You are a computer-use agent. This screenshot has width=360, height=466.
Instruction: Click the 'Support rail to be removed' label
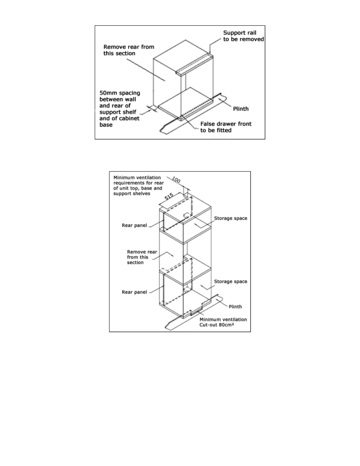click(x=244, y=36)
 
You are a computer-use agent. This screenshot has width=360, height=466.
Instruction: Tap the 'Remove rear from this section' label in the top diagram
click(x=129, y=50)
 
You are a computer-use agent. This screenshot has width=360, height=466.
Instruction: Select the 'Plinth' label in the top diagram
click(x=241, y=109)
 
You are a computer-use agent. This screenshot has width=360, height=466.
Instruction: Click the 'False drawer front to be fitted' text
click(x=226, y=127)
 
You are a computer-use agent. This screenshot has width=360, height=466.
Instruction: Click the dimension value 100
click(x=176, y=179)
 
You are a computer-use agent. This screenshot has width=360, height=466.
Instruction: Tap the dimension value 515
click(x=169, y=197)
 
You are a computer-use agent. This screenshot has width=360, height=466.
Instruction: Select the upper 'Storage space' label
click(x=231, y=218)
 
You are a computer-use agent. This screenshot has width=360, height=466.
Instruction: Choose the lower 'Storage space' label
click(x=231, y=282)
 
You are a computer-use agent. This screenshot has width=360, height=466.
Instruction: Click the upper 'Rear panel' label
click(x=134, y=225)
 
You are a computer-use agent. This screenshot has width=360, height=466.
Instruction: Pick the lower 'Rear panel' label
click(x=134, y=292)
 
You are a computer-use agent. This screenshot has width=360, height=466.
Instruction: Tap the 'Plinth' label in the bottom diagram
click(x=235, y=307)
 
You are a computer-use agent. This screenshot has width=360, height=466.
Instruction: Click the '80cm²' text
click(x=237, y=325)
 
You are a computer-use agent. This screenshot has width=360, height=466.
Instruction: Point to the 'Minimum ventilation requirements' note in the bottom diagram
click(x=138, y=185)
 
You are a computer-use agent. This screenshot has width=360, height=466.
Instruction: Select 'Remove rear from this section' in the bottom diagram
click(x=142, y=257)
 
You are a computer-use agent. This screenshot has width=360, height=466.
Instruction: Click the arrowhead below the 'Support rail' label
click(x=210, y=52)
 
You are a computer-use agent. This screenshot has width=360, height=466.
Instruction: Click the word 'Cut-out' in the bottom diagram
click(x=208, y=325)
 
